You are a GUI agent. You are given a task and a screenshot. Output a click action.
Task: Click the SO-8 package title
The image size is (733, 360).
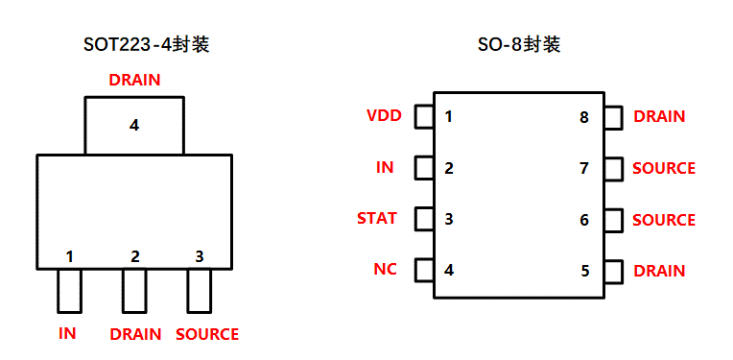[x=519, y=45]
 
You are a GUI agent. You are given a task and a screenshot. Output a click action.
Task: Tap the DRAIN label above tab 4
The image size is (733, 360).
[x=134, y=80]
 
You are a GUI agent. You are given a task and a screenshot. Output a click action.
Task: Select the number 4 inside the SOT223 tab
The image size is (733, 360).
[x=134, y=125]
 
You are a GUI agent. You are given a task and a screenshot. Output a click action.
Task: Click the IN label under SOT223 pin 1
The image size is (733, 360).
[x=67, y=334]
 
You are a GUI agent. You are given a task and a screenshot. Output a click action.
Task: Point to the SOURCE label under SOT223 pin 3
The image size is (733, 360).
[x=207, y=334]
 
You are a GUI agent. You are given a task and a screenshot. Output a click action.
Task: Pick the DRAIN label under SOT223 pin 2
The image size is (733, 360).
[x=136, y=334]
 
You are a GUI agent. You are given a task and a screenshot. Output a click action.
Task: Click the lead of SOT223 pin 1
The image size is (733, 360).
[x=69, y=291]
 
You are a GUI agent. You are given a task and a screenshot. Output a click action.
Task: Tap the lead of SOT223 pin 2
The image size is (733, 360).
[x=134, y=291]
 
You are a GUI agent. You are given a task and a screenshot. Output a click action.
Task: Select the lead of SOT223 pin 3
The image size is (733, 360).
[x=199, y=291]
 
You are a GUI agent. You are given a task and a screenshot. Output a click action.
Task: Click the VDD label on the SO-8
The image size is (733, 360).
[x=384, y=116]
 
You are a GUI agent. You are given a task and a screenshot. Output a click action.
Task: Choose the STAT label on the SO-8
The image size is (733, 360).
[x=377, y=218]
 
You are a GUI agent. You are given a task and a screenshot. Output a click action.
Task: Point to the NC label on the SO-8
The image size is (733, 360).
[x=385, y=269]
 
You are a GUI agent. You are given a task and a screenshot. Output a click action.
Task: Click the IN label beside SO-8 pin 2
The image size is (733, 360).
[x=385, y=167]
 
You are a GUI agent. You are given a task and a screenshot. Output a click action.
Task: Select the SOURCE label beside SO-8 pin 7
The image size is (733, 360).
[x=664, y=168]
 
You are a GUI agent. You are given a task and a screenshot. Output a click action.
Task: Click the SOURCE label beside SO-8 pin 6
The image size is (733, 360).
[x=664, y=220]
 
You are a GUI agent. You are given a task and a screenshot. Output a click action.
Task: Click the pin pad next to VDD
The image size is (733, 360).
[x=423, y=117]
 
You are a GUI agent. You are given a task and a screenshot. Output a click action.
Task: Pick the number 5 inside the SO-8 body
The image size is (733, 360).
[x=585, y=271]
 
